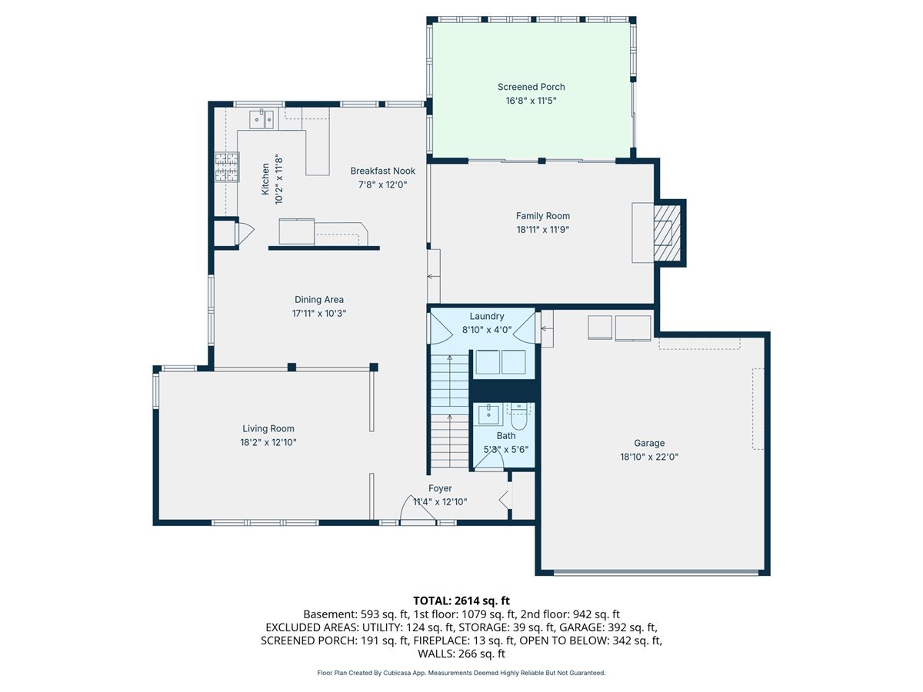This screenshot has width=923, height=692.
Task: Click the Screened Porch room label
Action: [x=531, y=87]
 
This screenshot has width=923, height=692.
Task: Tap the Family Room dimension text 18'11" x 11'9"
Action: [x=542, y=229]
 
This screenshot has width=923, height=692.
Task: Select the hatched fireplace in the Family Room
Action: [x=667, y=233]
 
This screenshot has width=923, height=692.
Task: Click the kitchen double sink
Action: [x=262, y=119]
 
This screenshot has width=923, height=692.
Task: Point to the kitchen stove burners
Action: [x=227, y=167]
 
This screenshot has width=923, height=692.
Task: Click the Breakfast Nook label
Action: [x=382, y=171]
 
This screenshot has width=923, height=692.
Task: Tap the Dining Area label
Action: [x=318, y=300]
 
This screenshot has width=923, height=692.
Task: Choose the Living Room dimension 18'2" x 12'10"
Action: [x=268, y=442]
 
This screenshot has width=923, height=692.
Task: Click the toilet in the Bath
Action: [x=518, y=416]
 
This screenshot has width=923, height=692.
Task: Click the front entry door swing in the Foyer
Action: [x=416, y=509]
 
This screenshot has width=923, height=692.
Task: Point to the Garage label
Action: [x=649, y=443]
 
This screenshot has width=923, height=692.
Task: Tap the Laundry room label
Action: [x=487, y=316]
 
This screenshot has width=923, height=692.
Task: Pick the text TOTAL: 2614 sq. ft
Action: [x=461, y=601]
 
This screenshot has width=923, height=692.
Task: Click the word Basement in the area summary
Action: [x=330, y=614]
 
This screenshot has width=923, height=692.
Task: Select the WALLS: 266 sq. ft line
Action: [x=461, y=654]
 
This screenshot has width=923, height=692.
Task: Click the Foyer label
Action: [x=440, y=488]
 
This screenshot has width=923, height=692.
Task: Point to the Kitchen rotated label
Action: [x=265, y=179]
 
